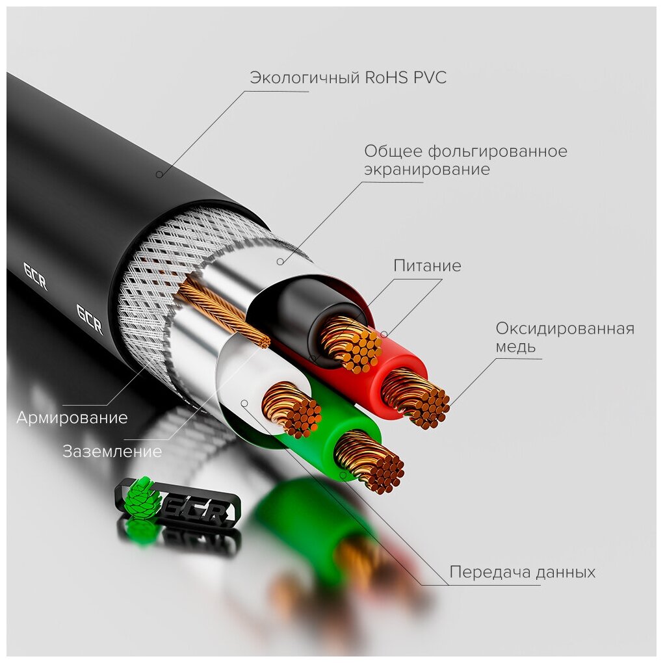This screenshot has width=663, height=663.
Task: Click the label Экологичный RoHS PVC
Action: click(x=348, y=79)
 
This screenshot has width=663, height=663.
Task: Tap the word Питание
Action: click(x=427, y=266)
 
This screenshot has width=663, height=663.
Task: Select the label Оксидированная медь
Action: click(x=564, y=337)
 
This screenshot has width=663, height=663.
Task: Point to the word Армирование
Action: click(x=72, y=417)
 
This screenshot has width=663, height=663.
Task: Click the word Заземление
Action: click(x=112, y=451)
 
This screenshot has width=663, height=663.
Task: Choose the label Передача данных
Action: click(x=522, y=573)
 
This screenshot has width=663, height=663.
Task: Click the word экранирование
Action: click(x=426, y=170)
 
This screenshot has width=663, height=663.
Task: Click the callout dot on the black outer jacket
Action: click(x=159, y=174)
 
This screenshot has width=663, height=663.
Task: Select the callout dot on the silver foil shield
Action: click(x=279, y=262)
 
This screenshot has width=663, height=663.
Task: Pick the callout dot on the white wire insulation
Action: click(x=244, y=403)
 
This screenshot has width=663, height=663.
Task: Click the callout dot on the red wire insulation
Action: click(x=384, y=335)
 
